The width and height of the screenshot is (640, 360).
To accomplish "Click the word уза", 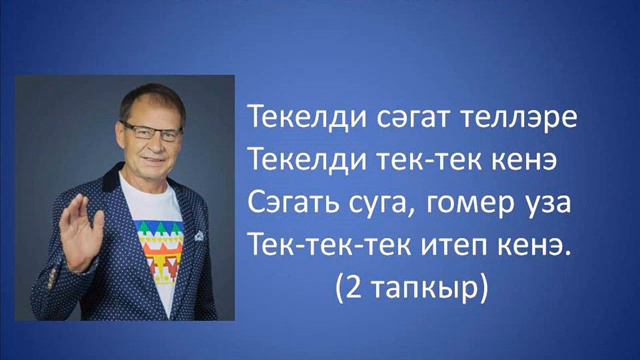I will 547,203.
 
